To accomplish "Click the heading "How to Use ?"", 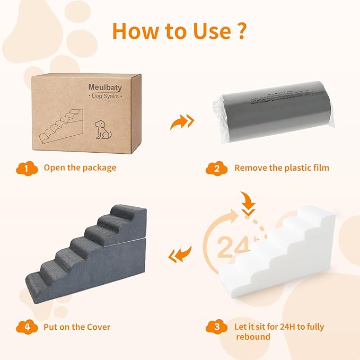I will point(179,31).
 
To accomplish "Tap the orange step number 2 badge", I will point(216,168).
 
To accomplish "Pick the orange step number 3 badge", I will point(216,327).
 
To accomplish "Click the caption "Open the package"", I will point(80,168).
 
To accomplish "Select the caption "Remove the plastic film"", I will point(282,168).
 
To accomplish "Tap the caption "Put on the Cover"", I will point(77,327).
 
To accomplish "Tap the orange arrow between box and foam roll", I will point(181,122).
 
